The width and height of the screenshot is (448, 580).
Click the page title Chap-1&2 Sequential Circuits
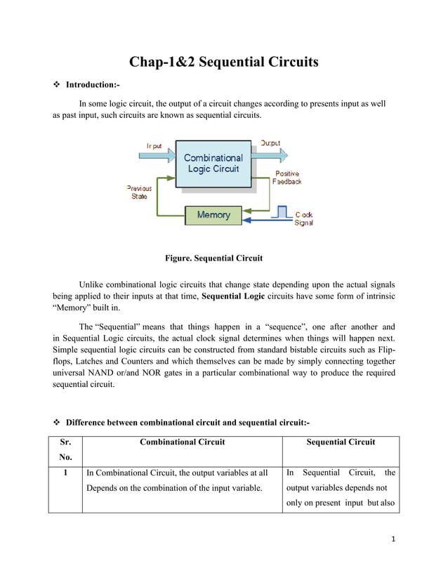point(223,62)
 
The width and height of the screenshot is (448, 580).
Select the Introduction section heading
point(92,85)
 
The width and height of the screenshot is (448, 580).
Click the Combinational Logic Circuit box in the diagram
point(213,164)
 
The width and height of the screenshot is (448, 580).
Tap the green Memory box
point(213,215)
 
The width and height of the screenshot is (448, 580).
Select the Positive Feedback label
point(287,178)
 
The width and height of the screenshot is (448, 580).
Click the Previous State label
point(138,192)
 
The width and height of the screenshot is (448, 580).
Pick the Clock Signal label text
point(303,218)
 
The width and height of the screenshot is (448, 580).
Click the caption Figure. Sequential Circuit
point(213,258)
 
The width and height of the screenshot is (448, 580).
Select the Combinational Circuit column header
point(182,442)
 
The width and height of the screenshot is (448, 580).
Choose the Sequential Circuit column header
point(341,442)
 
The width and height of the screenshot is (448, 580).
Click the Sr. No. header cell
point(65,450)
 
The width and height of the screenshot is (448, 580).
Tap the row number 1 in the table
point(65,473)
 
